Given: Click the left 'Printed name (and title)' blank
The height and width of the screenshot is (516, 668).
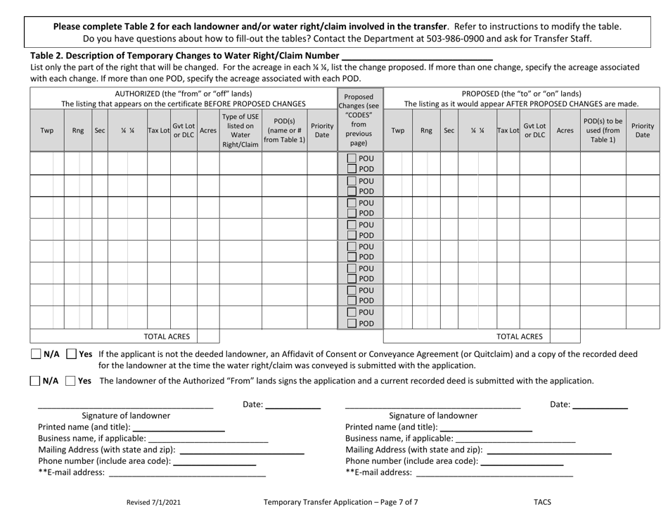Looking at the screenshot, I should click(x=179, y=427).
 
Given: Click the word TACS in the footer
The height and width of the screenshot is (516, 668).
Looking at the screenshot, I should click(x=542, y=502).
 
